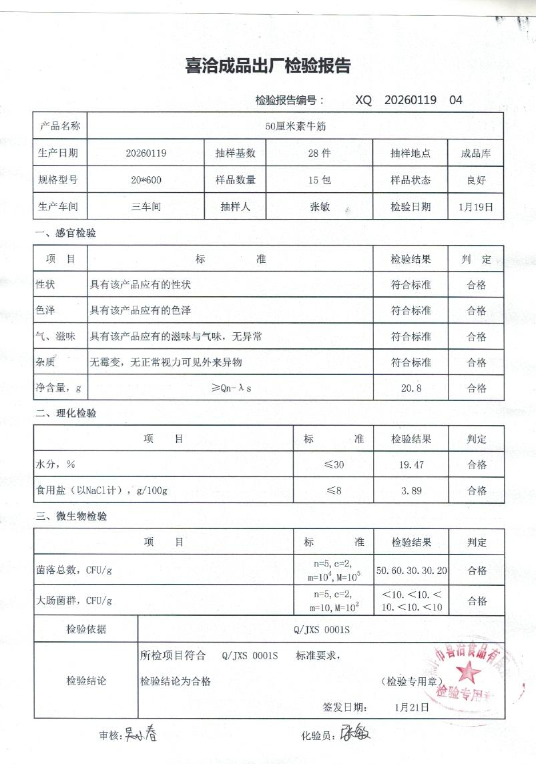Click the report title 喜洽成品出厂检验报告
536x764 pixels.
click(268, 66)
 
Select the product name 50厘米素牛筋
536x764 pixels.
click(295, 125)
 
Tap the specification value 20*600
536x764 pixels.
click(146, 179)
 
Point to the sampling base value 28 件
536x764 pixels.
click(319, 153)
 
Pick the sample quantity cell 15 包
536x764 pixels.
click(319, 179)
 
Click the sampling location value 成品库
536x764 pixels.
click(476, 153)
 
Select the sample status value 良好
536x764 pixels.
click(476, 179)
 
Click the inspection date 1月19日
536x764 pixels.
click(476, 207)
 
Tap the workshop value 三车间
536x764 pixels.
click(146, 207)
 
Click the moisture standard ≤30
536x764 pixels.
click(334, 464)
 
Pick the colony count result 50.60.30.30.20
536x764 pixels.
click(412, 571)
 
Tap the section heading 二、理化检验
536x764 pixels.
click(66, 413)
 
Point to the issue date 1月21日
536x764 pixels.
click(413, 707)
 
